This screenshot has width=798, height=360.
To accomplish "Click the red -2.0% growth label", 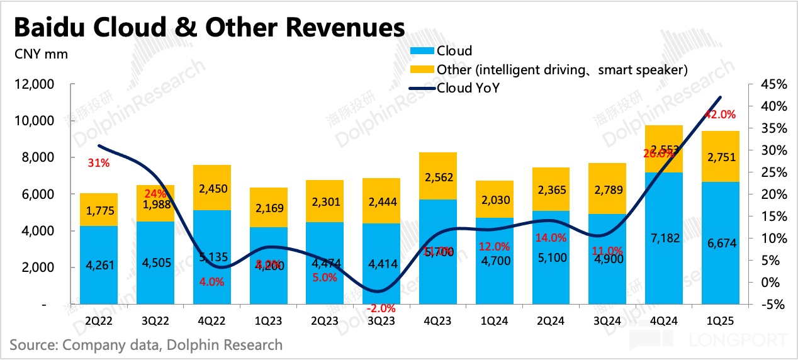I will point(380,308).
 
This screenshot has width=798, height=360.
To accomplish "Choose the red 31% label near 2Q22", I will point(99,163).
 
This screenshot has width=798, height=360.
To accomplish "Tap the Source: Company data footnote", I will point(146,345).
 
